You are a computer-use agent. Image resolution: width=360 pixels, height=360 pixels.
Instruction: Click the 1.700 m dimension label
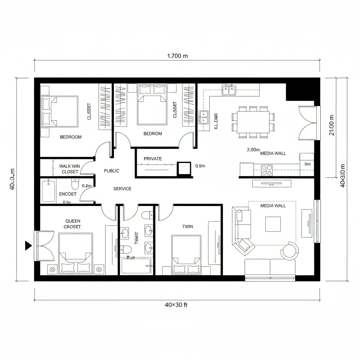[x=177, y=56]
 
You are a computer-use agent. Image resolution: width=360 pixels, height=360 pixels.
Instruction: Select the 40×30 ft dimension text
[x=176, y=305]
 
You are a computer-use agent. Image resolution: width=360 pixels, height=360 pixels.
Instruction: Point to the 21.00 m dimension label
[x=332, y=127]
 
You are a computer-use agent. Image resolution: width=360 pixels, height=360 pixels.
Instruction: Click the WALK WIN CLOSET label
[x=70, y=169]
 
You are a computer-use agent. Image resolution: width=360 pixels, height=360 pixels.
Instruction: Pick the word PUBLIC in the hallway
[x=112, y=171]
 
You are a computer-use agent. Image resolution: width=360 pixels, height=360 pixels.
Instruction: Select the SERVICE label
[x=122, y=189]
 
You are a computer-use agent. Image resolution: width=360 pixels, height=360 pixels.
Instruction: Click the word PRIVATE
[x=153, y=159]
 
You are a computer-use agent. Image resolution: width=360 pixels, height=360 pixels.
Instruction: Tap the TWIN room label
[x=187, y=226]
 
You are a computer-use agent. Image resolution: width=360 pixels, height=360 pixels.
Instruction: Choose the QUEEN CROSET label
[x=72, y=224]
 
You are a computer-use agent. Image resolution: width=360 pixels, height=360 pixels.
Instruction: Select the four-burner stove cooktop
[x=267, y=170]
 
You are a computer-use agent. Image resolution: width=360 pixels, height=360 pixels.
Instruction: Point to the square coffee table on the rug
[x=273, y=224]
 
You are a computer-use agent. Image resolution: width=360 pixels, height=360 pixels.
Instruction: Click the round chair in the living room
[x=290, y=251]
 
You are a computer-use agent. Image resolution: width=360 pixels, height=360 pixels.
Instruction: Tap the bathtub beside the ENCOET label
[x=49, y=190]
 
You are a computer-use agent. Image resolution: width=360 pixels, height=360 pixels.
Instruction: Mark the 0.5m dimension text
[x=200, y=166]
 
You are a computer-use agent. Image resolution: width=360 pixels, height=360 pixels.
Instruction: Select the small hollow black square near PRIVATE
[x=184, y=168]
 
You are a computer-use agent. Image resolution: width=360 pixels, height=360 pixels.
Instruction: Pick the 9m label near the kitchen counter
[x=307, y=164]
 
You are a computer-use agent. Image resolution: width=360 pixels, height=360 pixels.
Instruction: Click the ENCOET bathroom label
[x=68, y=194]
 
